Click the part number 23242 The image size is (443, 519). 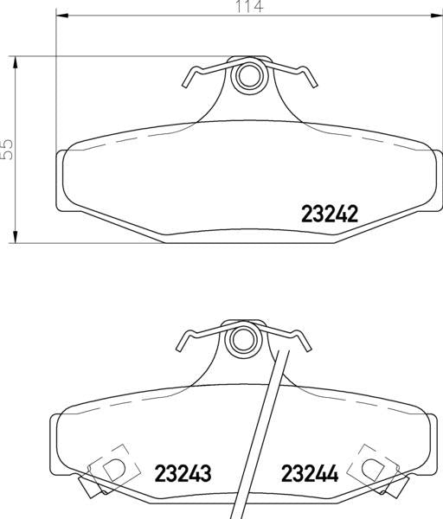tap(329, 213)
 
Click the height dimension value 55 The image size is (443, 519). tap(8, 149)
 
